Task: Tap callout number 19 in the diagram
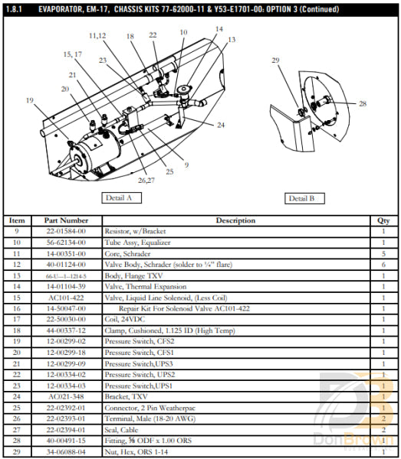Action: [29, 101]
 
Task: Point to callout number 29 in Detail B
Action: [276, 60]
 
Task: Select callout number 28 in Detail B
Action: [363, 103]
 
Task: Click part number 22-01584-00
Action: [66, 231]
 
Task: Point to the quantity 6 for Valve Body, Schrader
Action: [385, 264]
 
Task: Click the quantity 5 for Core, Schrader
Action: [385, 253]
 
